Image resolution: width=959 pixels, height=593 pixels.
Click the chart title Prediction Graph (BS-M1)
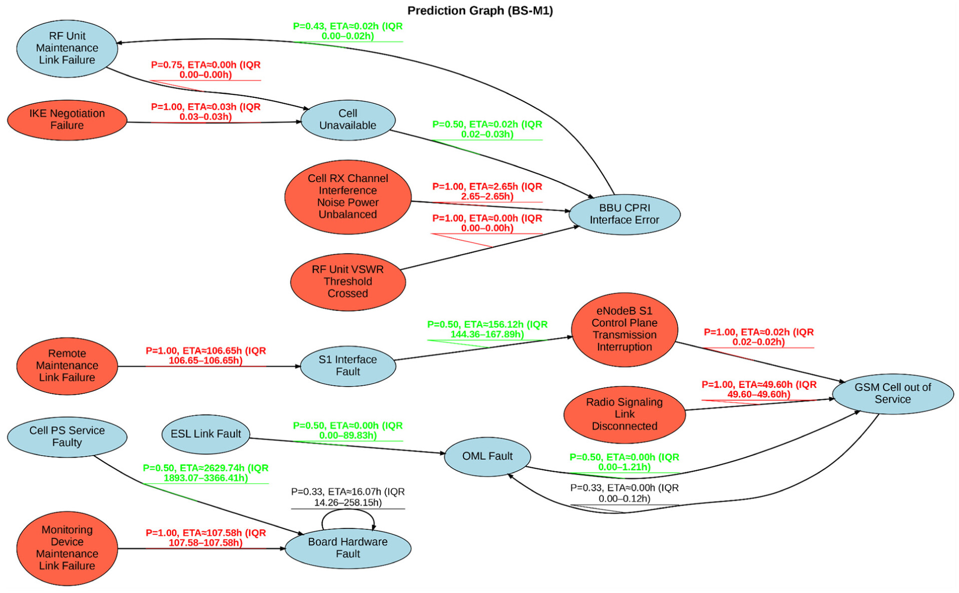[479, 10]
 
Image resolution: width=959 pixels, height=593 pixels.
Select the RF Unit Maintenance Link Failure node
[67, 48]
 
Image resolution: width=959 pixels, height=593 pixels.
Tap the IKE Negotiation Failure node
[67, 120]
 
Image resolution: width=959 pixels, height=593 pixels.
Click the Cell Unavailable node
[348, 120]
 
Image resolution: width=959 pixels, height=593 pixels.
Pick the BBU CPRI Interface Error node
[624, 214]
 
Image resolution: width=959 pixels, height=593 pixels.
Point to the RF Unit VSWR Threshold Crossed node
[348, 282]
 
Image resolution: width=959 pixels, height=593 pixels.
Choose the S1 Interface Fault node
[348, 365]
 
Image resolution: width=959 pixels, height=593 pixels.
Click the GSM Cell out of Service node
[893, 393]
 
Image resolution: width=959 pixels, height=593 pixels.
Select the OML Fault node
[487, 456]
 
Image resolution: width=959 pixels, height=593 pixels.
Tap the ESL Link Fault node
[206, 434]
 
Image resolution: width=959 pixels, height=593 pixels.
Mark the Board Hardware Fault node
[348, 548]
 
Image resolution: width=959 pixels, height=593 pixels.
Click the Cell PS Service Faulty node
[67, 436]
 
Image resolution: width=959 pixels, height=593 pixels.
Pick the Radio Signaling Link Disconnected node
[624, 414]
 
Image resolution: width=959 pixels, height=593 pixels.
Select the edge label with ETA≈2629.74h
[206, 473]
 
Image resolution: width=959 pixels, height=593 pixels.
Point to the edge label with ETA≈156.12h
[487, 329]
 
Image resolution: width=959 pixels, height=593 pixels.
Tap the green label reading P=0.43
[348, 31]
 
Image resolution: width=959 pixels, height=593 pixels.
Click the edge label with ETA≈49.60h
[759, 389]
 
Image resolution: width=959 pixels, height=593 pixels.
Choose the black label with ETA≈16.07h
[348, 497]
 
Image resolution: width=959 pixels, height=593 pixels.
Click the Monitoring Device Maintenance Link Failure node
[67, 548]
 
